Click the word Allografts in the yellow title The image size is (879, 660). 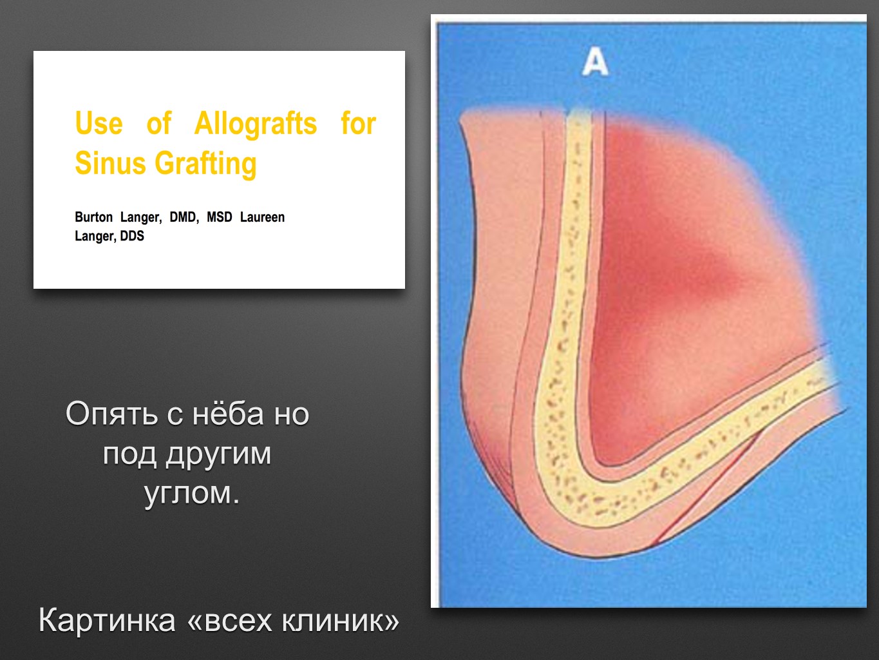pos(256,123)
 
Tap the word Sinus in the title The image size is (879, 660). pos(110,163)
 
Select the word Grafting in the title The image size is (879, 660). pos(205,164)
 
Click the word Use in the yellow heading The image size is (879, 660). pos(99,123)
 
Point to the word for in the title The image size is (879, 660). pos(359,122)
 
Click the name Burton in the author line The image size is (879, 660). pos(94,217)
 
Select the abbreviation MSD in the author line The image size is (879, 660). pos(220,217)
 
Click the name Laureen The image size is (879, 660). pos(262,217)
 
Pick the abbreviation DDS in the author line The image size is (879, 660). pos(132,236)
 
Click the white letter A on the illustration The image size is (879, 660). pos(595,62)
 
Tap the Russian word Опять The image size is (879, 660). pos(112,414)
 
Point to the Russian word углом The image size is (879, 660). pos(192,494)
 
